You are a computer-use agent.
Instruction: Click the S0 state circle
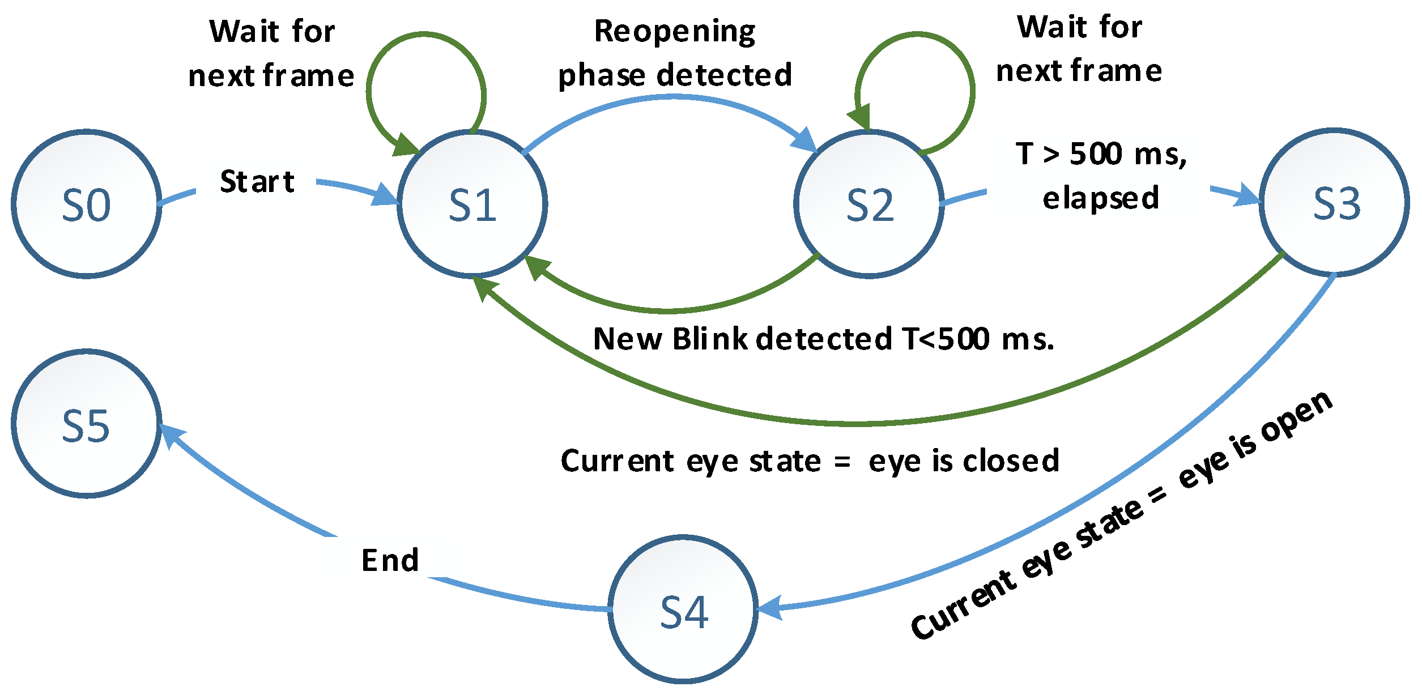[86, 204]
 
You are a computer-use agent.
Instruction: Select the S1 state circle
[472, 204]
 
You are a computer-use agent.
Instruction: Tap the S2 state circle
[868, 204]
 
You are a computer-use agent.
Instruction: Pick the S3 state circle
[1335, 203]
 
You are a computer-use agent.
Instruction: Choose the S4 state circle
[683, 609]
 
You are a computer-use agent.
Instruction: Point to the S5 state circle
[86, 424]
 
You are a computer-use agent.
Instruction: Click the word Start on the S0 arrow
[257, 182]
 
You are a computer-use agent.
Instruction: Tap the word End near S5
[390, 561]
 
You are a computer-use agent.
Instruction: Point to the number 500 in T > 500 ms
[1095, 154]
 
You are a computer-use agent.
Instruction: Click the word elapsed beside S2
[1100, 198]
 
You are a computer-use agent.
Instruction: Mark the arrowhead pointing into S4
[769, 608]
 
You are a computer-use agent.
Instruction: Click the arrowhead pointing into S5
[171, 435]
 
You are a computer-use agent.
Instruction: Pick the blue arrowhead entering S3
[1248, 195]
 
